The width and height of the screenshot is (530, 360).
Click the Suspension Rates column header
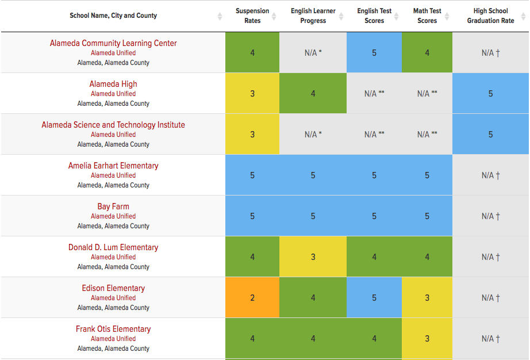tap(252, 16)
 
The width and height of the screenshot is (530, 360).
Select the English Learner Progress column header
tap(313, 16)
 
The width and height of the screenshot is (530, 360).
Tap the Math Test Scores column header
tap(427, 16)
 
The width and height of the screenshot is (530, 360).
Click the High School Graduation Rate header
tap(490, 16)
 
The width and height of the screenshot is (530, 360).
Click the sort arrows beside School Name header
tap(220, 16)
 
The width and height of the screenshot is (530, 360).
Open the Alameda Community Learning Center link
tap(113, 43)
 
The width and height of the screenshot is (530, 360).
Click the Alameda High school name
tap(113, 84)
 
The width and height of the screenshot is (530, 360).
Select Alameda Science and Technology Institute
tap(113, 125)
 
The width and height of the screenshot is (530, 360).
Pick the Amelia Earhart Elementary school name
tap(113, 166)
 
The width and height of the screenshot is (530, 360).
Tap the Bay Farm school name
tap(113, 206)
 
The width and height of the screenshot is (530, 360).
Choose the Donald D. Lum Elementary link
tap(113, 247)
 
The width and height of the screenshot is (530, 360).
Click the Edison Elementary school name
tap(113, 288)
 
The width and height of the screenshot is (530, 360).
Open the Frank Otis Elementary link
tap(113, 329)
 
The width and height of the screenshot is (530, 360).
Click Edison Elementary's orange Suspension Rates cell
tap(252, 298)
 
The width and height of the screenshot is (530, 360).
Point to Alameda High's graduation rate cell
tap(490, 93)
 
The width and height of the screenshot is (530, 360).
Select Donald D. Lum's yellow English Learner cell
tap(313, 257)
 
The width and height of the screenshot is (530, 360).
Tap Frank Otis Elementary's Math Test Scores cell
tap(427, 339)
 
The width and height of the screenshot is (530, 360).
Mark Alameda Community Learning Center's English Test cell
tap(374, 53)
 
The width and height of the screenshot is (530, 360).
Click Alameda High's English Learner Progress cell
tap(313, 93)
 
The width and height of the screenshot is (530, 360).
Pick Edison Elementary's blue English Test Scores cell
tap(374, 298)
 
